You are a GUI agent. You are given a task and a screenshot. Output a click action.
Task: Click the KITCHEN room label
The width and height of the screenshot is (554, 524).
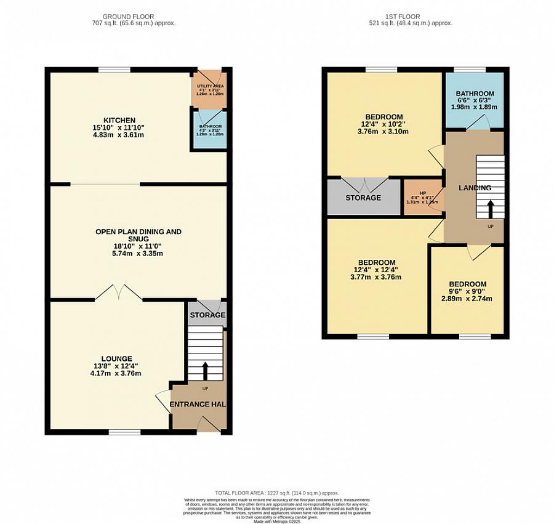(x=119, y=120)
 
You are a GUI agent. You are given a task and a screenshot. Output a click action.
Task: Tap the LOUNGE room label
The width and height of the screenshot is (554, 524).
(x=117, y=358)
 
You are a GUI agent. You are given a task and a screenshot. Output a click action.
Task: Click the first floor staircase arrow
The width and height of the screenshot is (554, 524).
(x=491, y=209)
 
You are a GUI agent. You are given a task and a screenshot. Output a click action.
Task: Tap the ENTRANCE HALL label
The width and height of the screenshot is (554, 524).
(x=198, y=404)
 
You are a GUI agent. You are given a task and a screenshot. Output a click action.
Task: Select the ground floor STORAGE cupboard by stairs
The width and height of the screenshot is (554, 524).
(x=207, y=315)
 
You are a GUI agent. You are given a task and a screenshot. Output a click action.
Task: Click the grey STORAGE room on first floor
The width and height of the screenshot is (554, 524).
(x=363, y=198)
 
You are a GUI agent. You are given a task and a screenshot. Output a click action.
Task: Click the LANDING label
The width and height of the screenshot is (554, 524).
(x=475, y=188)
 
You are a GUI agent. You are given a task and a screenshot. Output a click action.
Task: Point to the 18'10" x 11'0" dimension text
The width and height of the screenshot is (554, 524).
(x=138, y=245)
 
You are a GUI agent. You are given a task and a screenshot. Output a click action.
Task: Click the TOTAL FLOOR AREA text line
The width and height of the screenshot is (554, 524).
(x=276, y=493)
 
